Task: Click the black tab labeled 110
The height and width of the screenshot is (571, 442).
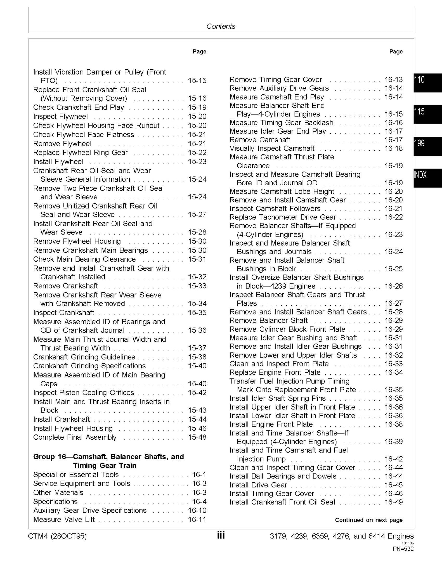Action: point(427,82)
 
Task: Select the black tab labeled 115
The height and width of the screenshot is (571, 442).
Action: point(427,114)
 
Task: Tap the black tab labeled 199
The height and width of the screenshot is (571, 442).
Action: point(427,146)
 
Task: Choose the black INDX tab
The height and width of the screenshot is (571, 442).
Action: point(427,178)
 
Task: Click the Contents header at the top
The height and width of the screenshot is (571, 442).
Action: point(221,26)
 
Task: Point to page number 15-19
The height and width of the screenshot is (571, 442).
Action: point(197,107)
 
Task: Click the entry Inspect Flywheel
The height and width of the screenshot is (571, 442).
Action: point(60,117)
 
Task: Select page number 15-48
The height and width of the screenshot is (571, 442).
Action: point(197,437)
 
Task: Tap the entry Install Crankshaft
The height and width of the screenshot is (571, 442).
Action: point(61,419)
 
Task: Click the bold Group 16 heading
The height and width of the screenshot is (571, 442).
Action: point(108,461)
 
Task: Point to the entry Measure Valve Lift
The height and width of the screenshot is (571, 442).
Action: point(64,519)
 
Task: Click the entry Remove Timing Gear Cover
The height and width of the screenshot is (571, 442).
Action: point(276,80)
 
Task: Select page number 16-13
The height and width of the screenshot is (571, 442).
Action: point(393,80)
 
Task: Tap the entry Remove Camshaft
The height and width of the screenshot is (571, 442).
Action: point(260,140)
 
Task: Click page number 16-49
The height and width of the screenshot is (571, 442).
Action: point(393,502)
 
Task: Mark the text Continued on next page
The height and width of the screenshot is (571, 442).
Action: point(369,520)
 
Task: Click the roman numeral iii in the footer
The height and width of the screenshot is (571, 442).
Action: point(221,536)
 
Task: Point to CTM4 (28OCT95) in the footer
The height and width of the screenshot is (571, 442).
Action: point(57,536)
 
